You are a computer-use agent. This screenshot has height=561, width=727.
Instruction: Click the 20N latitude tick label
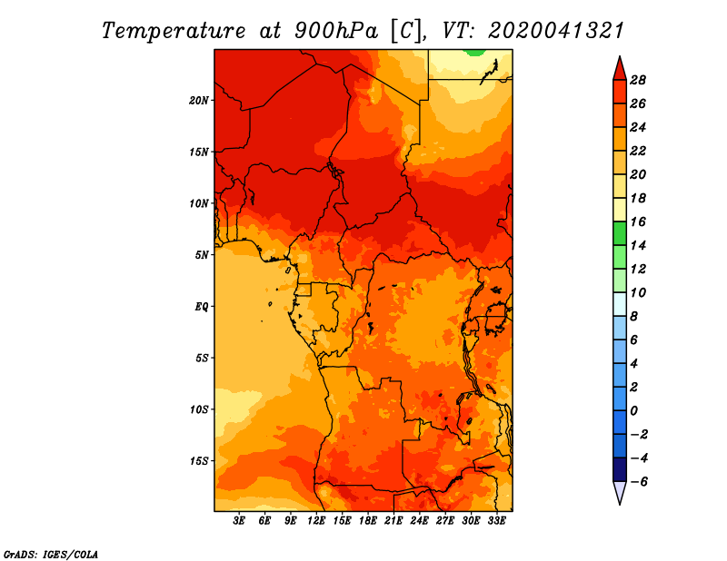coord(200,100)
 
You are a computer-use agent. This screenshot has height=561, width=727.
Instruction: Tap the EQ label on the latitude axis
coord(202,307)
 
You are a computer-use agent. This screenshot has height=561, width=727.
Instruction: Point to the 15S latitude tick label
coord(200,461)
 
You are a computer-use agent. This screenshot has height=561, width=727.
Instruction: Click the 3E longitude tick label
coord(240,521)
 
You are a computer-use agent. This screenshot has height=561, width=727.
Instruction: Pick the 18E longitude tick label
coord(368,521)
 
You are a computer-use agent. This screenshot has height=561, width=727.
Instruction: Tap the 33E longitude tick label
coord(496,521)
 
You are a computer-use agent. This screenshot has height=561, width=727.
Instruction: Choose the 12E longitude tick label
coord(316,521)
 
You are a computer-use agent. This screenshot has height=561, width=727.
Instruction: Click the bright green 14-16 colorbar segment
coord(619,233)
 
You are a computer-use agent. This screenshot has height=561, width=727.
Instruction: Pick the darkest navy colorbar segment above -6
coord(619,469)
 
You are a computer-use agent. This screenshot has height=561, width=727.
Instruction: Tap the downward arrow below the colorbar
coord(619,492)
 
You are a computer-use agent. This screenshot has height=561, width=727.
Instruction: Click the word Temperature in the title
coord(174,30)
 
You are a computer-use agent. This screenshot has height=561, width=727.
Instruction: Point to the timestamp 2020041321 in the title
coord(556,30)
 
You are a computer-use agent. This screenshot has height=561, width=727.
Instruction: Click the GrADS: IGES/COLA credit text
coord(50,553)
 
